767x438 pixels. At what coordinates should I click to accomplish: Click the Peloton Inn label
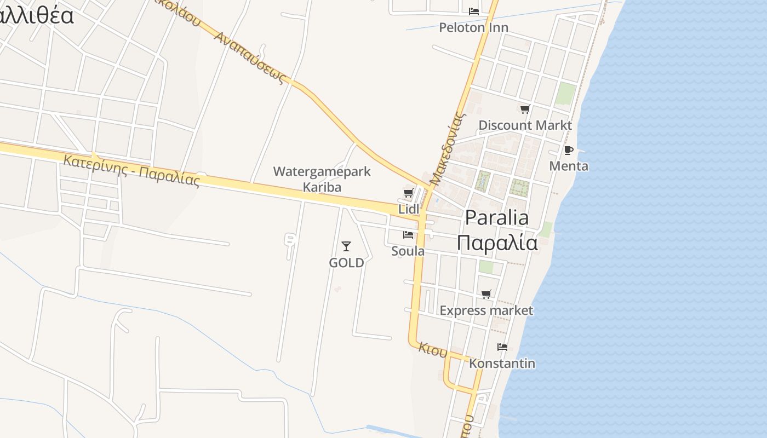click(473, 27)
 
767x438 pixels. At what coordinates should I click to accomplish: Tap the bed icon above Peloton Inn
click(474, 11)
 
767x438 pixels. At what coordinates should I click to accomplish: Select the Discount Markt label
click(525, 125)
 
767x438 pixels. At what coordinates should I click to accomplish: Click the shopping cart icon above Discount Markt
click(525, 109)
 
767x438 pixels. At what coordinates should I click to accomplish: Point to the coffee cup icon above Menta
click(568, 150)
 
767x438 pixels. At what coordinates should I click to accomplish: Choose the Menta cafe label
click(568, 166)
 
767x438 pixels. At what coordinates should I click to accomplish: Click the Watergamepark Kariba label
click(322, 179)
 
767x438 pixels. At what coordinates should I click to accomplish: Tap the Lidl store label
click(409, 209)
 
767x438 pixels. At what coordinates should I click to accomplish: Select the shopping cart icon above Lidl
click(408, 193)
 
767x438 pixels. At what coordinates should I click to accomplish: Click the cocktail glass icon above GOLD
click(346, 246)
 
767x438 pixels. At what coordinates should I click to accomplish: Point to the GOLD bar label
click(346, 263)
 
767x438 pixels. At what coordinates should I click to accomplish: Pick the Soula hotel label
click(408, 251)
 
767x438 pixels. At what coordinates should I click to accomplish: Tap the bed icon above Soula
click(408, 235)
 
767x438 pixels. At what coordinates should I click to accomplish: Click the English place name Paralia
click(497, 217)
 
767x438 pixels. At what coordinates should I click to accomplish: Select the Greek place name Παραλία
click(497, 242)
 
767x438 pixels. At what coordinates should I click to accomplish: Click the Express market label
click(486, 310)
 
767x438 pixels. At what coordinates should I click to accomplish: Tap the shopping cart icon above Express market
click(486, 295)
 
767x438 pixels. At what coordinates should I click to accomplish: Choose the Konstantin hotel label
click(502, 363)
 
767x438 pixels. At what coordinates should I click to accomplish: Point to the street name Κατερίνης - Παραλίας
click(131, 170)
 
